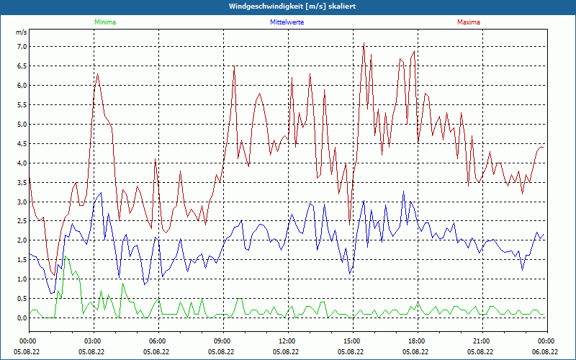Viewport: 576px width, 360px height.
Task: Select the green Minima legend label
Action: point(104,22)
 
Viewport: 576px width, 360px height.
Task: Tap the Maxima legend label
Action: point(468,22)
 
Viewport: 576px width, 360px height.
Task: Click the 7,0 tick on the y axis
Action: point(22,47)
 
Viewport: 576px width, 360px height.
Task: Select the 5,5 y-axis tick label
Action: point(22,105)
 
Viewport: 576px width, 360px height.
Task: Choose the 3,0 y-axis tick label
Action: point(22,202)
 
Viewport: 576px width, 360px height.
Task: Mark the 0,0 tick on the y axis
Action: point(22,318)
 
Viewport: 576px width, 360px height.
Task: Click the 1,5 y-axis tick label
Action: point(22,260)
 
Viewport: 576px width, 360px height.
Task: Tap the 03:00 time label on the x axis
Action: point(93,341)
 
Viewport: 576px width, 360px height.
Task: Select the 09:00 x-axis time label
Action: point(222,341)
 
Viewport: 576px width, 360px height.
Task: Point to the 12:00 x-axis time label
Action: point(287,341)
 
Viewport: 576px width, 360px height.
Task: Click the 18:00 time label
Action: point(417,341)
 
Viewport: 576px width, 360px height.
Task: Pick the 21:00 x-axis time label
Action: point(482,341)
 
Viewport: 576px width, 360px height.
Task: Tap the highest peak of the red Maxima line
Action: point(364,43)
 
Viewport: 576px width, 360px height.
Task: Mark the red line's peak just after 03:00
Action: point(97,74)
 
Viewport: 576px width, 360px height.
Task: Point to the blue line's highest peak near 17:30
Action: point(404,192)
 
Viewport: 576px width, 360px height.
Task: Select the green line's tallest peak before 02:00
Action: point(66,256)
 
